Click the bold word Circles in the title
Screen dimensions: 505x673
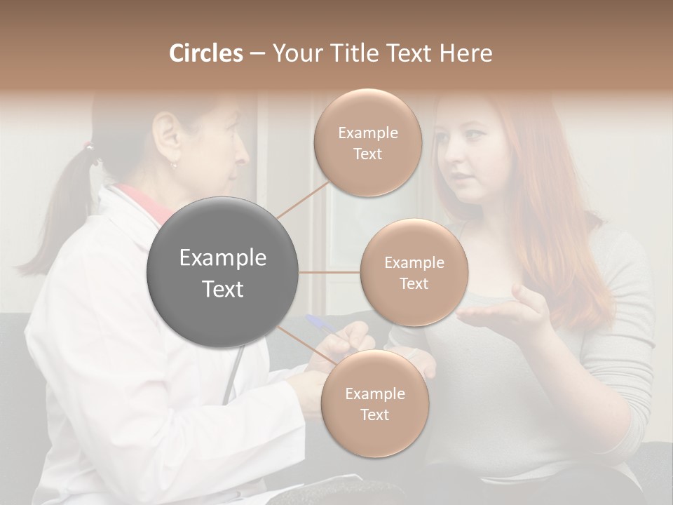click(205, 53)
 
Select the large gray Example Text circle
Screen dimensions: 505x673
click(223, 273)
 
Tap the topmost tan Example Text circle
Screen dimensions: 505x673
click(367, 143)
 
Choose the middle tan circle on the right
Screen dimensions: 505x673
click(414, 273)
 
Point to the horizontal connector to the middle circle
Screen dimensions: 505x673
click(329, 272)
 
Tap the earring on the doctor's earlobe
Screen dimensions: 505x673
click(174, 165)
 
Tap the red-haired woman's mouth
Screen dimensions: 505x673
click(460, 175)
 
